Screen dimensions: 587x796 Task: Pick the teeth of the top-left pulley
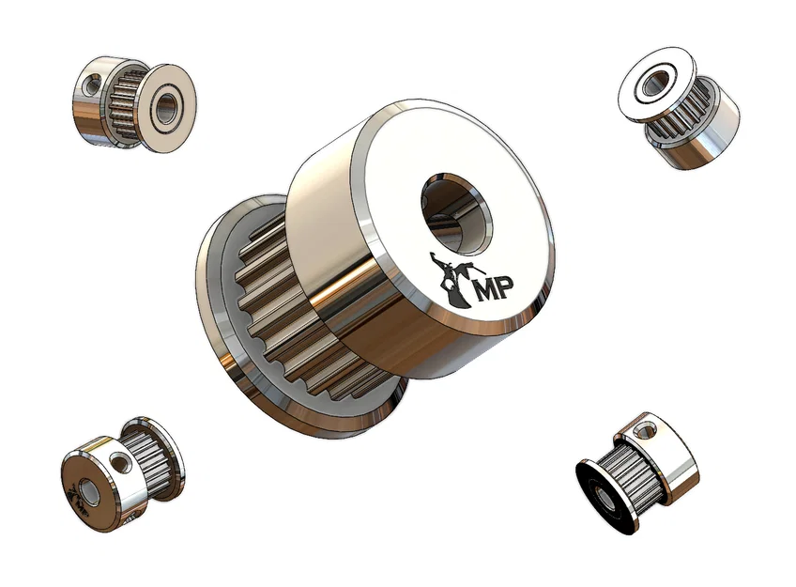pos(124,106)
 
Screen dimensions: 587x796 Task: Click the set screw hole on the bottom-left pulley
pos(119,463)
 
